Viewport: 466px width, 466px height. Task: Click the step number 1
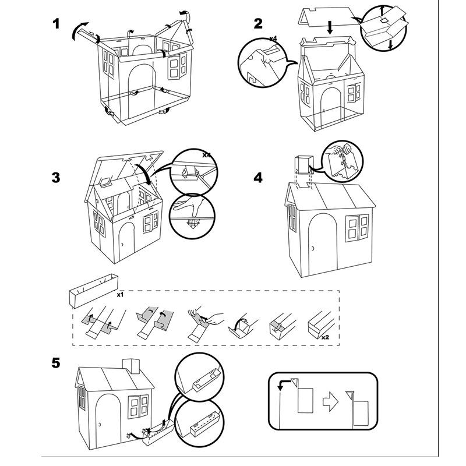pyautogui.click(x=56, y=24)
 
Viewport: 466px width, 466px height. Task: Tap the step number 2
pyautogui.click(x=258, y=24)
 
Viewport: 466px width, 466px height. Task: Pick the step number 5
pyautogui.click(x=56, y=363)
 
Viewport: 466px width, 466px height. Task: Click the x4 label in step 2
pyautogui.click(x=273, y=38)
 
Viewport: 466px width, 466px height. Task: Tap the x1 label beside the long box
pyautogui.click(x=120, y=295)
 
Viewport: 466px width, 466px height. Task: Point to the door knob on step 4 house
pyautogui.click(x=313, y=249)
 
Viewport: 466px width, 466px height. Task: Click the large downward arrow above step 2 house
pyautogui.click(x=329, y=30)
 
